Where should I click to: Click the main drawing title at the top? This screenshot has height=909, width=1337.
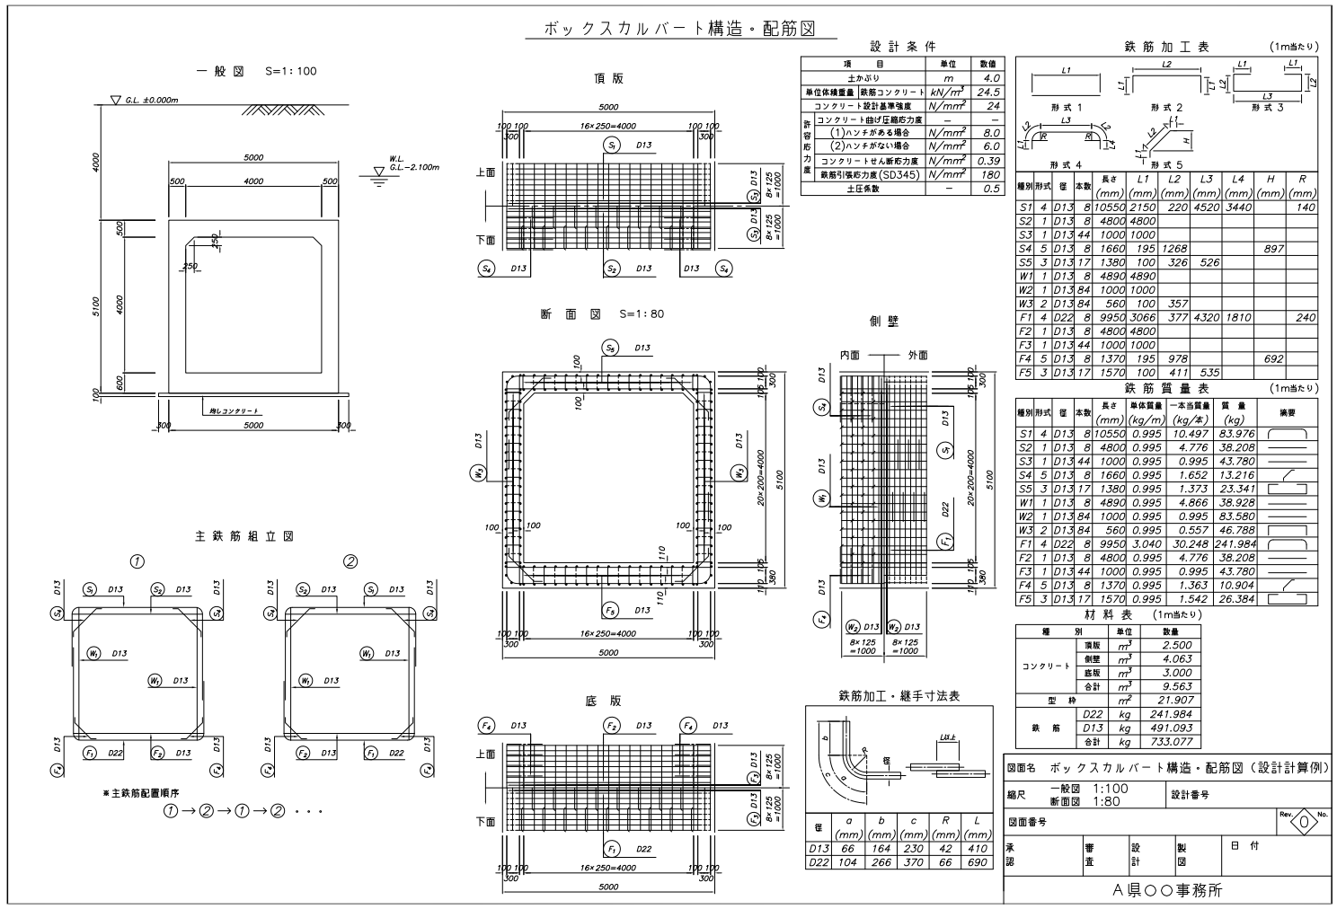pos(680,29)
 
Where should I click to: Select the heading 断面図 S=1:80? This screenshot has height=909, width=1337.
pos(603,315)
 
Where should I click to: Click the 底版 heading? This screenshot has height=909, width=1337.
pos(608,702)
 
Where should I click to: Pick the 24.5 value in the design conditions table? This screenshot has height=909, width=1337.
pos(989,92)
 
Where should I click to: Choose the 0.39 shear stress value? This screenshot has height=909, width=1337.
pos(989,161)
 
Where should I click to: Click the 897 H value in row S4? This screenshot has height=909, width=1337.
pos(1272,249)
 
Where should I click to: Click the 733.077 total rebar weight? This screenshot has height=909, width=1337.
pos(1170,742)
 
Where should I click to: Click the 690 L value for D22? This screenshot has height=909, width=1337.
pos(976,862)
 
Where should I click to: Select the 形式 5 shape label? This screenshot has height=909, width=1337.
pos(1165,164)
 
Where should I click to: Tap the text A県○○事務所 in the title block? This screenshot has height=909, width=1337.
pos(1167,890)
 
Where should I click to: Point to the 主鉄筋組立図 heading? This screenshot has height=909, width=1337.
pos(244,535)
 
